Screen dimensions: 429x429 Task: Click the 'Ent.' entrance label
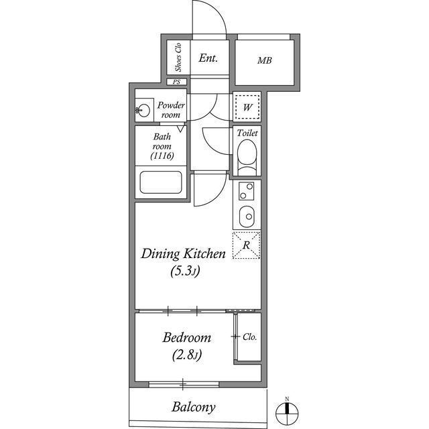[208, 58]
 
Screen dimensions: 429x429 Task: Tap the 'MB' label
[264, 61]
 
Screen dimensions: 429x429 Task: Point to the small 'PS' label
[177, 82]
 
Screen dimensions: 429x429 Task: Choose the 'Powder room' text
[170, 110]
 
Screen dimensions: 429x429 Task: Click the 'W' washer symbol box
[247, 107]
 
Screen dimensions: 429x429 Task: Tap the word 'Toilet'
[247, 133]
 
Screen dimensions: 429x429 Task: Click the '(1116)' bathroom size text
[162, 156]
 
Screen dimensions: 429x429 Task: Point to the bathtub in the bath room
[160, 183]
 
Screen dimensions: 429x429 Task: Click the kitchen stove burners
[246, 192]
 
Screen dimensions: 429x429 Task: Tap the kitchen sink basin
[247, 217]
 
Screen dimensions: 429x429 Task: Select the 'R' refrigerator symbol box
[246, 245]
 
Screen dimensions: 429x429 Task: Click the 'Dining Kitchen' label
[182, 254]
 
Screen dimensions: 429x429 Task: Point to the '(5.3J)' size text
[182, 272]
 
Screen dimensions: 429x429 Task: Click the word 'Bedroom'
[188, 337]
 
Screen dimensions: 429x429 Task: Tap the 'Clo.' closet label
[250, 337]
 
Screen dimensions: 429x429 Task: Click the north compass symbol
[286, 411]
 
